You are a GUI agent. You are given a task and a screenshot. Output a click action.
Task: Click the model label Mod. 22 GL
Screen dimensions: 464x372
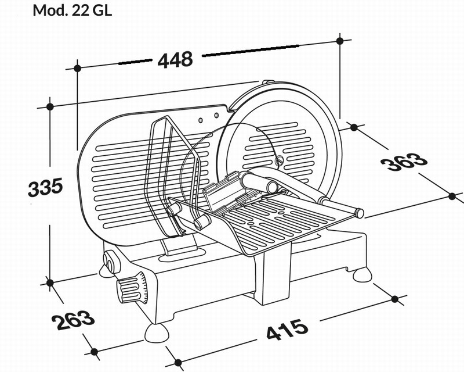pyautogui.click(x=72, y=10)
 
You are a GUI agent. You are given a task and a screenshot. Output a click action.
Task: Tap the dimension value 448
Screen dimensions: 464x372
pyautogui.click(x=175, y=60)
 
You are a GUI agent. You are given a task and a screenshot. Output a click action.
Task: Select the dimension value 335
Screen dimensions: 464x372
pyautogui.click(x=45, y=187)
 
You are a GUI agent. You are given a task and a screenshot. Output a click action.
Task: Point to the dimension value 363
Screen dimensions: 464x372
pyautogui.click(x=404, y=162)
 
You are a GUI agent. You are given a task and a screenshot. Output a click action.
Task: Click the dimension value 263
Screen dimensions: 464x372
pyautogui.click(x=73, y=320)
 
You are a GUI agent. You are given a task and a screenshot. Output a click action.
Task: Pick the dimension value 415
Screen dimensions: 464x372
pyautogui.click(x=287, y=330)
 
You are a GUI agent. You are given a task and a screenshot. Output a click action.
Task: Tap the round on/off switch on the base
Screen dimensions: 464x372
pyautogui.click(x=111, y=261)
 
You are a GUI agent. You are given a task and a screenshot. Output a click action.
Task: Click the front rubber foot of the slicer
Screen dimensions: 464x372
pyautogui.click(x=156, y=332)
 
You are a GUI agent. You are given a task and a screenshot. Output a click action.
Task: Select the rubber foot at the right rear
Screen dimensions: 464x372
pyautogui.click(x=362, y=275)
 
